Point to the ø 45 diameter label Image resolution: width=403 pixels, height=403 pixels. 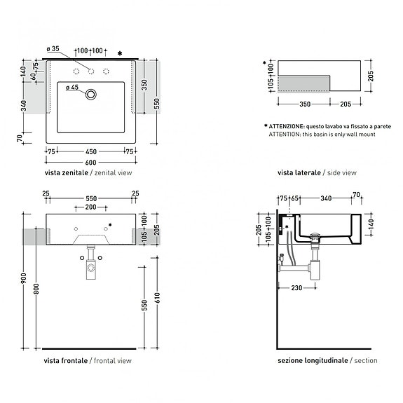pyautogui.click(x=72, y=88)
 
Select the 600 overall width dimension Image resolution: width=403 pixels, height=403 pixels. pyautogui.click(x=90, y=161)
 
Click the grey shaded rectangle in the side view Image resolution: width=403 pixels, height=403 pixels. pyautogui.click(x=304, y=83)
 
